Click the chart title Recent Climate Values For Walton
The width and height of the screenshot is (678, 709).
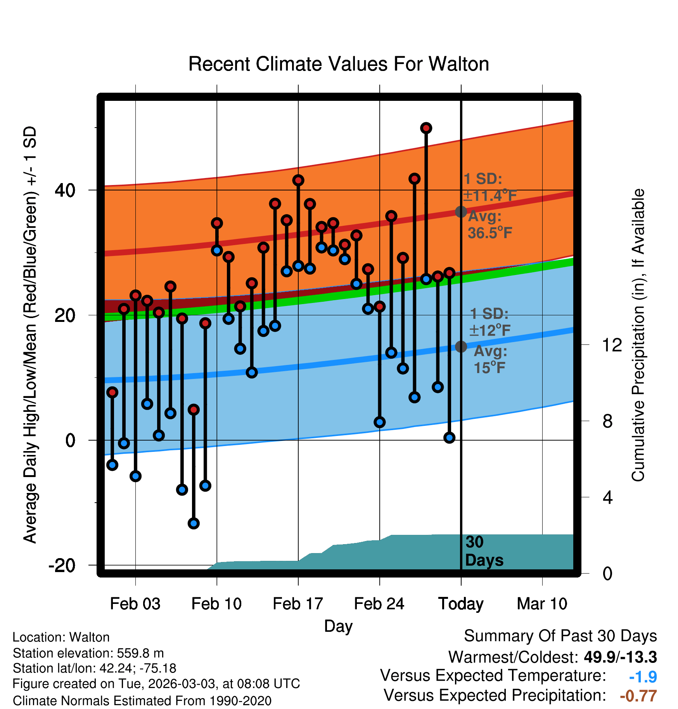tap(339, 64)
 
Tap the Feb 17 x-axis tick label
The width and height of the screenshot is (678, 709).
tap(298, 604)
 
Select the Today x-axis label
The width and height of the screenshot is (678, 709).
tap(461, 604)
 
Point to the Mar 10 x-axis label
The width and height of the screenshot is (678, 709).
tap(542, 604)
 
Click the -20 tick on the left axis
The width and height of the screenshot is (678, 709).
tap(62, 565)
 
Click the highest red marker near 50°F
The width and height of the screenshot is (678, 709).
tap(426, 128)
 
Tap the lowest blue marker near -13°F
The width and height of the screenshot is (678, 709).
tap(194, 524)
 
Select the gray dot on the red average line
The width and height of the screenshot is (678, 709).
tap(461, 212)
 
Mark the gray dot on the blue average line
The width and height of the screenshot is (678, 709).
tap(461, 346)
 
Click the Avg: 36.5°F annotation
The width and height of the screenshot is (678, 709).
tap(490, 225)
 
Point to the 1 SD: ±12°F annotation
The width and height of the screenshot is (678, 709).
tap(490, 322)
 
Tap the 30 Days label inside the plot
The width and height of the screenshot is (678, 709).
tap(484, 551)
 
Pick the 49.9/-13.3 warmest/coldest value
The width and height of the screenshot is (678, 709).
tap(621, 657)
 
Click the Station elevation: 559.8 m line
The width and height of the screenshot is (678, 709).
tap(88, 653)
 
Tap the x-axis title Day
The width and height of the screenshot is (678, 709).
tap(339, 626)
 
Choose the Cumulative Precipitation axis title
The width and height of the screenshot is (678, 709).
tap(638, 335)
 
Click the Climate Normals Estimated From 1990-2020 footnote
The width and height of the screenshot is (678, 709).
tap(142, 701)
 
